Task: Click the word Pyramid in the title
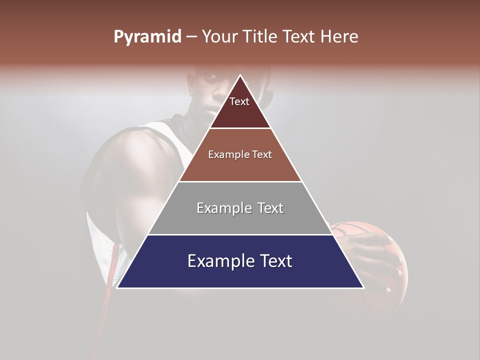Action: coord(147,36)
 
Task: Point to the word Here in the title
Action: coord(339,36)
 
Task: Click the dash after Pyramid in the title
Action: coord(191,37)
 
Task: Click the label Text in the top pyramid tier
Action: coord(239,101)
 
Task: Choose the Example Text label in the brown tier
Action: coord(240,154)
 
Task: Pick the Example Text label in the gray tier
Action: coord(240,208)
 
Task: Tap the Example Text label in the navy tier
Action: coord(240,261)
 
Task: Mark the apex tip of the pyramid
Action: coord(240,76)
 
